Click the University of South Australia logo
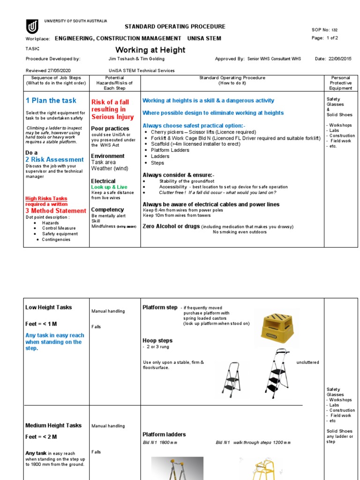pyautogui.click(x=32, y=27)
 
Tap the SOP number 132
pyautogui.click(x=334, y=30)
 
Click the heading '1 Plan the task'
pyautogui.click(x=51, y=100)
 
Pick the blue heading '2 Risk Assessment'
pyautogui.click(x=54, y=159)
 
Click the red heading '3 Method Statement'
pyautogui.click(x=56, y=211)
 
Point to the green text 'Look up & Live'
pyautogui.click(x=109, y=187)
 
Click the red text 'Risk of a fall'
pyautogui.click(x=110, y=102)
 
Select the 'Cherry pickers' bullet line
pyautogui.click(x=203, y=132)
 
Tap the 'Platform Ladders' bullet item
pyautogui.click(x=170, y=150)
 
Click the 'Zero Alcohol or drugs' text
pyautogui.click(x=171, y=226)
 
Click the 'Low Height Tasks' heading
pyautogui.click(x=48, y=307)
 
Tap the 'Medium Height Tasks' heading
pyautogui.click(x=53, y=426)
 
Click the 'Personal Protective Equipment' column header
pyautogui.click(x=341, y=83)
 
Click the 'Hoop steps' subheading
pyautogui.click(x=157, y=341)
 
